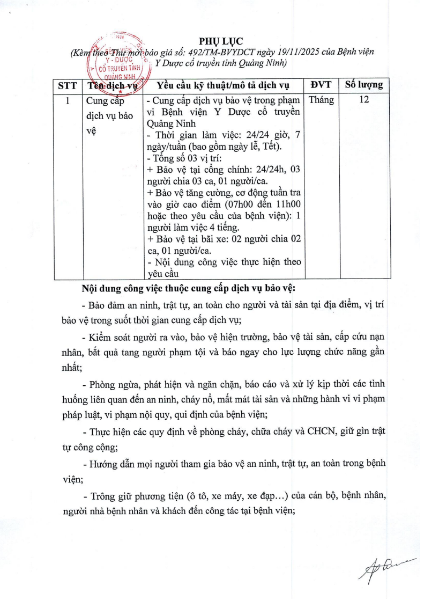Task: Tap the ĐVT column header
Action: tap(321, 85)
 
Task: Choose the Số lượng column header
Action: tap(363, 85)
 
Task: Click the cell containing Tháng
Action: tap(321, 100)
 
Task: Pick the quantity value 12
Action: tap(364, 100)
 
